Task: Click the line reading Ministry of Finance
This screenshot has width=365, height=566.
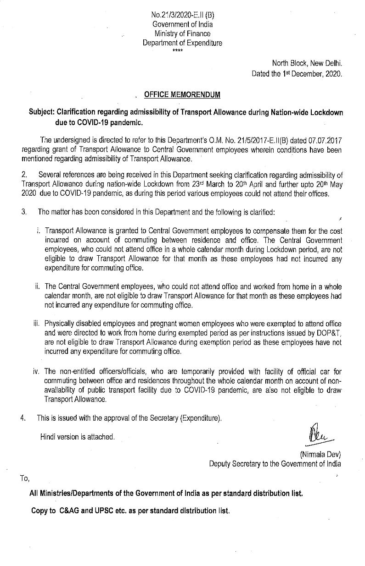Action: pos(182,33)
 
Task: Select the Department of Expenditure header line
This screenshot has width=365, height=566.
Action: pos(182,43)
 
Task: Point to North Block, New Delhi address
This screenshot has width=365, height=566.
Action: pos(307,64)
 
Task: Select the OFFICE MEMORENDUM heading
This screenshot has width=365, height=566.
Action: pos(182,95)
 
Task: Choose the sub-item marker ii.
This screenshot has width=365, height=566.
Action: pos(38,286)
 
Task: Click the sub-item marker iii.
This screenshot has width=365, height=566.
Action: pos(38,324)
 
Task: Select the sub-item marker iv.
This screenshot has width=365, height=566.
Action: pos(38,371)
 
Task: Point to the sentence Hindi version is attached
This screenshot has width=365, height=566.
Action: pos(77,437)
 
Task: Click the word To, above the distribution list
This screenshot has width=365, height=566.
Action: pos(25,478)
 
